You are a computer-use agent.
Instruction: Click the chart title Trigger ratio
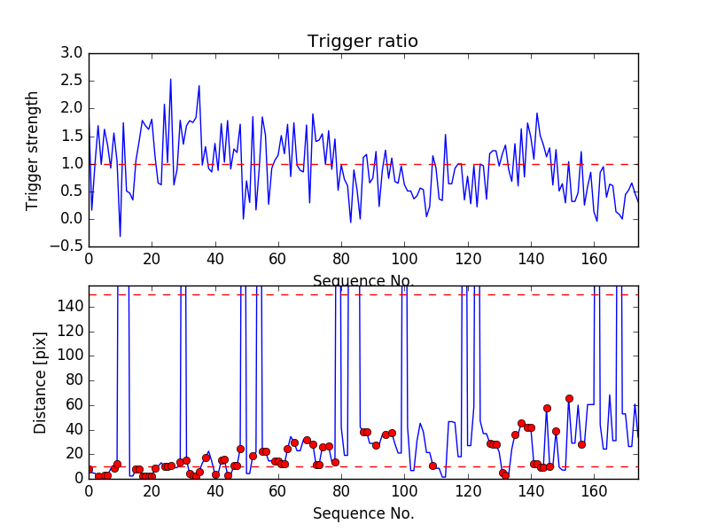(362, 42)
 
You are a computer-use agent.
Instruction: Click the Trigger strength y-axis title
(33, 150)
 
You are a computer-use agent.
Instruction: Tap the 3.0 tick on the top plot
(72, 53)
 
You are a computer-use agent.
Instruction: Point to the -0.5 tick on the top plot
(68, 246)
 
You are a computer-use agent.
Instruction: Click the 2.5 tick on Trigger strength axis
(72, 81)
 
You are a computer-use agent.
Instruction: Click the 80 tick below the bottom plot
(341, 490)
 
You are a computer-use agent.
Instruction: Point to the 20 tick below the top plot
(152, 259)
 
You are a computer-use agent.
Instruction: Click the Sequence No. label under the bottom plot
(362, 513)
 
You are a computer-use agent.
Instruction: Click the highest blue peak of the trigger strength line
(171, 79)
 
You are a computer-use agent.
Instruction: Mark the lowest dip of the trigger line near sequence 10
(121, 237)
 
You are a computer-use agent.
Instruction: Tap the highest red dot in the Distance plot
(569, 399)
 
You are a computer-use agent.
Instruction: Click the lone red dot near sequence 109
(432, 465)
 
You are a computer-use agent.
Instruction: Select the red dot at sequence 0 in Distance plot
(89, 469)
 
